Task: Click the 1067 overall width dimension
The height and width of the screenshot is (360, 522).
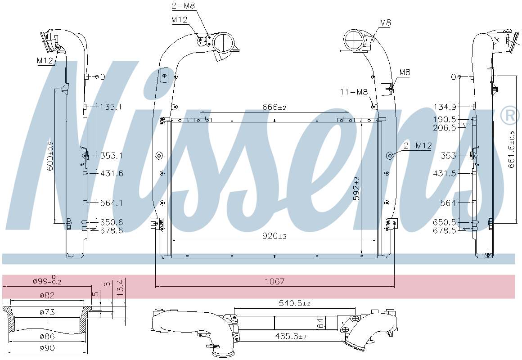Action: (x=274, y=281)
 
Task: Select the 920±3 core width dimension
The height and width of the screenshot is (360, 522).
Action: (x=274, y=236)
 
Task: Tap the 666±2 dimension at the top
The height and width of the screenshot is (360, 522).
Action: (x=274, y=107)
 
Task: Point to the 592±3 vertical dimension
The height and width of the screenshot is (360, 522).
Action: (x=356, y=188)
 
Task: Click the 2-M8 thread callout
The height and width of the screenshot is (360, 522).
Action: (x=183, y=5)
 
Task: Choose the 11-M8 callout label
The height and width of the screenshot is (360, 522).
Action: (x=354, y=92)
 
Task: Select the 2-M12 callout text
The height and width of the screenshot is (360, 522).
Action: (x=418, y=145)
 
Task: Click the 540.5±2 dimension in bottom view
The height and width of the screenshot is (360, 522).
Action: (x=295, y=303)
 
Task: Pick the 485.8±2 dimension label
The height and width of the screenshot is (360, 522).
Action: (x=291, y=336)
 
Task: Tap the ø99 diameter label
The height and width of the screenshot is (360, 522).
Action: (x=47, y=281)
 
